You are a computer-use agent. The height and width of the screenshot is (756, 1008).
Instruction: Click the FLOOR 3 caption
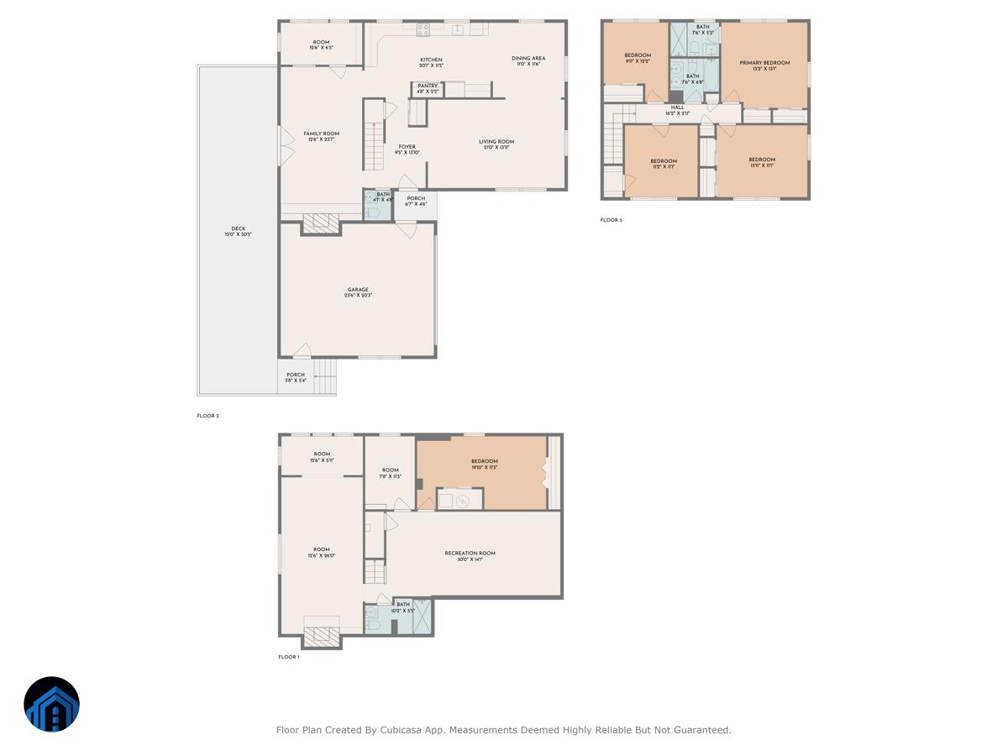(611, 220)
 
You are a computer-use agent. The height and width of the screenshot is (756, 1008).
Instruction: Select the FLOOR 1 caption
(288, 657)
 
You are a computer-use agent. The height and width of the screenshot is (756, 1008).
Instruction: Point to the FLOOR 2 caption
(207, 416)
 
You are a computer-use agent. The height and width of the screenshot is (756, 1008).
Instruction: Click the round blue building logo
(51, 704)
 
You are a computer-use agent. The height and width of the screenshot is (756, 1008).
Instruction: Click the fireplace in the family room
(320, 223)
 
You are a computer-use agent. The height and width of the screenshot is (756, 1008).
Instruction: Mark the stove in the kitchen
(423, 29)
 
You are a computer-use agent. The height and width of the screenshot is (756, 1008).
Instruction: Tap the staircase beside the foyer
(373, 143)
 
